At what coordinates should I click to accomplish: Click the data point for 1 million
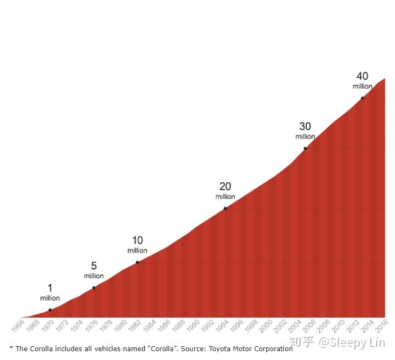click(x=50, y=310)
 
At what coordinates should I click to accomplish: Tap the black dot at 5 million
click(x=94, y=288)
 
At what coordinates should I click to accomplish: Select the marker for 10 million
click(x=137, y=262)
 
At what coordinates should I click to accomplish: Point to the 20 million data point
click(x=225, y=209)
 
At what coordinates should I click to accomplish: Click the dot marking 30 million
click(x=305, y=149)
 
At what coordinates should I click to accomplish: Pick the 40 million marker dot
click(x=362, y=98)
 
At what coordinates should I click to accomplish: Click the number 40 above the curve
click(x=362, y=76)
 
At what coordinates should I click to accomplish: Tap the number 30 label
click(x=305, y=127)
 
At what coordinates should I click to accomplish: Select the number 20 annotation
click(x=225, y=187)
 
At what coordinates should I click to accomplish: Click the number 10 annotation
click(x=137, y=240)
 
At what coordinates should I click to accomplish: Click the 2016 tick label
click(x=381, y=327)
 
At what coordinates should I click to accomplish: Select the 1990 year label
click(x=193, y=327)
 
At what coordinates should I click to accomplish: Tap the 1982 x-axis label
click(x=134, y=327)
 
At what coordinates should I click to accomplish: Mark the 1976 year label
click(x=91, y=327)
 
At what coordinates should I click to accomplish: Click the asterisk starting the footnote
click(x=11, y=348)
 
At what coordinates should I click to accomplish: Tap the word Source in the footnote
click(x=194, y=348)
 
